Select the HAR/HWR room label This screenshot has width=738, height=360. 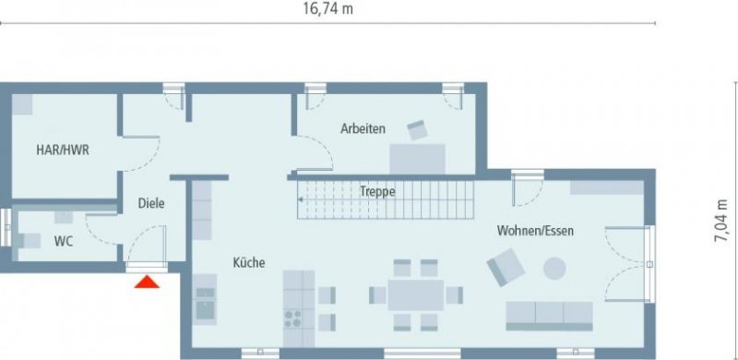[63, 149]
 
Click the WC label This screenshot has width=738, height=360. [64, 241]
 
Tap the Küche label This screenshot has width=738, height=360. [248, 263]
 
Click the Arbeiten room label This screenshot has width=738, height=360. [363, 128]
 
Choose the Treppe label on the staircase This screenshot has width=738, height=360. [377, 192]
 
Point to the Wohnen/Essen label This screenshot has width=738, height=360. [535, 230]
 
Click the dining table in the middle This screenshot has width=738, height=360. [416, 295]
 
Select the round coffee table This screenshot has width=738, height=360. [554, 269]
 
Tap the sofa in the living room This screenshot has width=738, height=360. [550, 314]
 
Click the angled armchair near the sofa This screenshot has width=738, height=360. [506, 270]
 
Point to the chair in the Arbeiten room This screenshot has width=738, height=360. [419, 130]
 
